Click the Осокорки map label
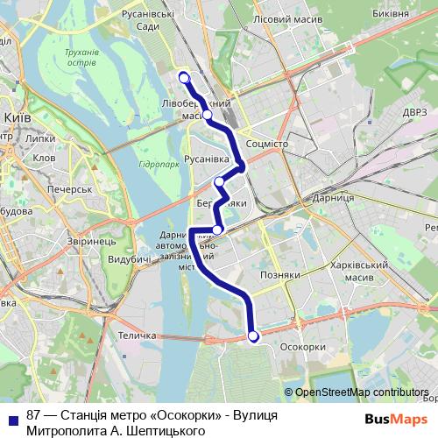pos(301,347)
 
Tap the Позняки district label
pos(281,275)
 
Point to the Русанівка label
pos(207,159)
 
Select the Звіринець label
pos(90,240)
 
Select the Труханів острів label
pos(82,58)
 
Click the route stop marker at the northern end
pos(184,78)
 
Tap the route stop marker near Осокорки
pos(253,336)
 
